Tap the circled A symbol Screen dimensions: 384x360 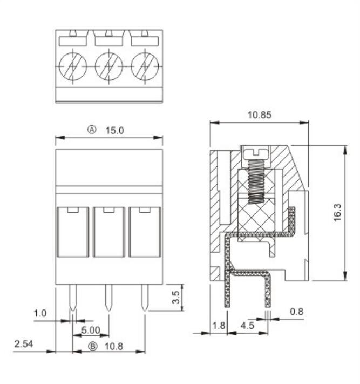92,130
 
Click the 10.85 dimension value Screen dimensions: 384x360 259,115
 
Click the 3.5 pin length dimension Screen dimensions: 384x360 175,298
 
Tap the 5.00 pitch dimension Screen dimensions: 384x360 91,329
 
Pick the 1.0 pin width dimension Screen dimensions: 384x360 40,313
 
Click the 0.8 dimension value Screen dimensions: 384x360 297,311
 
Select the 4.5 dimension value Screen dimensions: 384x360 247,326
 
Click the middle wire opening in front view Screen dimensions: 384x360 108,232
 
